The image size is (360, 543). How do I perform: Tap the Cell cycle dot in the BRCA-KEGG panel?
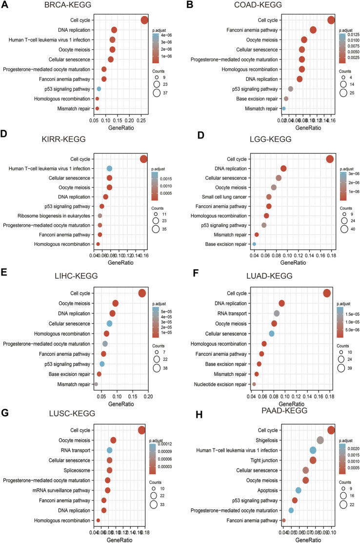pyautogui.click(x=144, y=20)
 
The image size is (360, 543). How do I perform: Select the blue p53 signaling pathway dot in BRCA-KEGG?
pyautogui.click(x=99, y=89)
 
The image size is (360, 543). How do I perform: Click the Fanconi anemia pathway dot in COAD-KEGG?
pyautogui.click(x=313, y=30)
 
